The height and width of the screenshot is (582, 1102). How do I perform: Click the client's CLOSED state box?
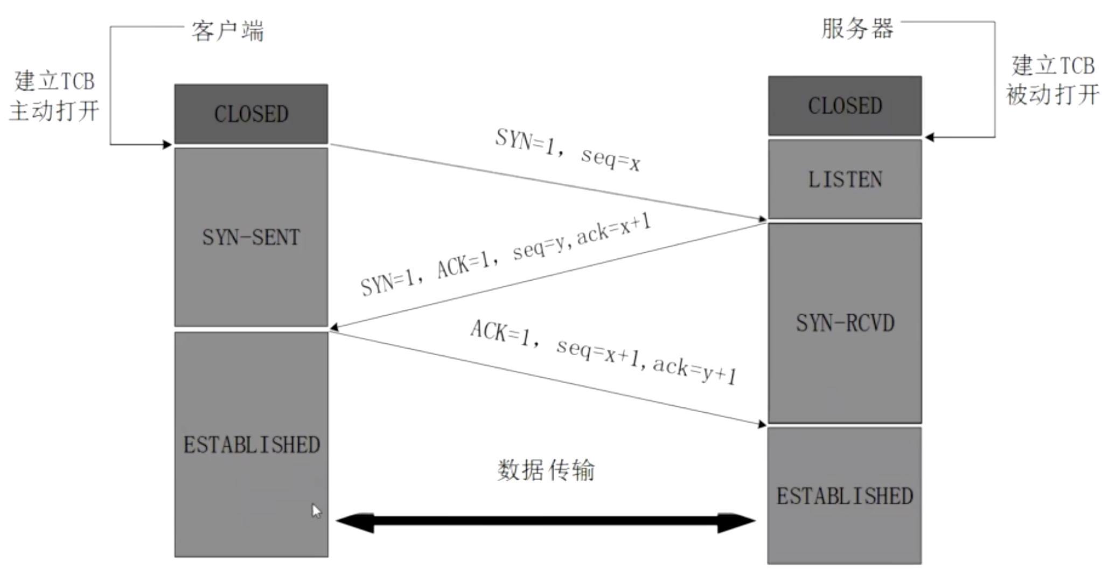tap(251, 114)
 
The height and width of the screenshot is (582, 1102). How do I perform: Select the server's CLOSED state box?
tap(845, 106)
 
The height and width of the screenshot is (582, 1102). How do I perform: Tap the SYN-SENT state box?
tap(251, 237)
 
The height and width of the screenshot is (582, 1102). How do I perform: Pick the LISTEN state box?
tap(845, 179)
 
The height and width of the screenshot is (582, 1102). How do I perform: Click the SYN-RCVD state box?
tap(845, 323)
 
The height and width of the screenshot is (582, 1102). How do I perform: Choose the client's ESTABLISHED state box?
tap(251, 445)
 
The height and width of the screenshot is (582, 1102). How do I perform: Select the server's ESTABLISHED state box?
tap(845, 496)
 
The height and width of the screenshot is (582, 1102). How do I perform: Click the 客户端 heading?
tap(228, 31)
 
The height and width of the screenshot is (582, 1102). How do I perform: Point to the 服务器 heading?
tap(857, 29)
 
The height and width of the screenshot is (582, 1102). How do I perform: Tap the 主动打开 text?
tap(54, 111)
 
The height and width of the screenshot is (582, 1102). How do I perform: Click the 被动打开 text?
tap(1052, 95)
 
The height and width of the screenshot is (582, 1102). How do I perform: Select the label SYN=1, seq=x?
tap(568, 150)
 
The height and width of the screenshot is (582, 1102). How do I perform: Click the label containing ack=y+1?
tap(603, 352)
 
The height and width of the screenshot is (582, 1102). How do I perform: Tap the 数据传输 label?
tap(546, 470)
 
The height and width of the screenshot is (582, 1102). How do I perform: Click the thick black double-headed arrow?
tap(545, 521)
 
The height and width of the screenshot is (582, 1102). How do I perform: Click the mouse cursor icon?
tap(316, 511)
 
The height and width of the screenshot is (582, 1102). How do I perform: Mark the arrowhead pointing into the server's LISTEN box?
tap(762, 219)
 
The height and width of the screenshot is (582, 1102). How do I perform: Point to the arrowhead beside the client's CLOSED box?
tap(167, 144)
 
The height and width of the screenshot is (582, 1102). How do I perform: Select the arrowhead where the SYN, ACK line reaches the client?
tap(334, 327)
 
